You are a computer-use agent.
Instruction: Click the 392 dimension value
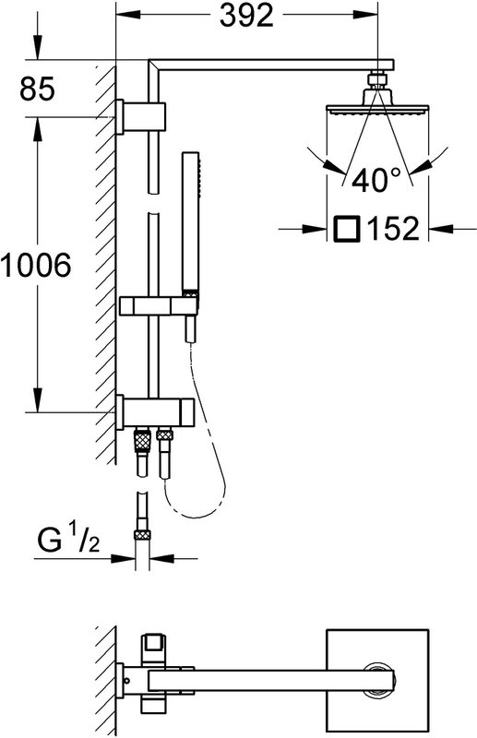pyautogui.click(x=246, y=16)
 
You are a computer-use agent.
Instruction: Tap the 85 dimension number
pyautogui.click(x=37, y=89)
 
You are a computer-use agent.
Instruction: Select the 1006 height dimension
pyautogui.click(x=36, y=265)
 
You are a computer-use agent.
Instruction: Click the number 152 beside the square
pyautogui.click(x=394, y=229)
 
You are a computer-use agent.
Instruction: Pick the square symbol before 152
pyautogui.click(x=347, y=229)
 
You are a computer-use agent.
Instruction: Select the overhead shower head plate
pyautogui.click(x=377, y=109)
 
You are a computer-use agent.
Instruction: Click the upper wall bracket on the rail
pyautogui.click(x=140, y=117)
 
